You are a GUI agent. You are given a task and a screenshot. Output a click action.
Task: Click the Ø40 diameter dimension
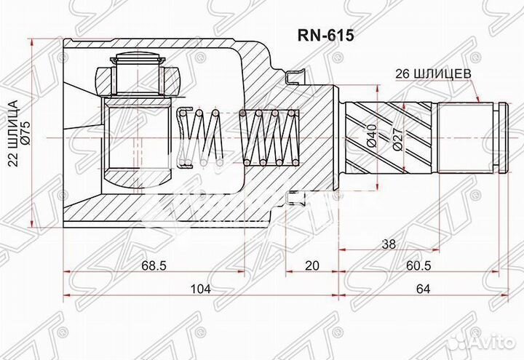372,135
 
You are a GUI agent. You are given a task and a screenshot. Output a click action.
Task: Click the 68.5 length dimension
154,266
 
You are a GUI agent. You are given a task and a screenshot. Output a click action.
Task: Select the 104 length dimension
200,289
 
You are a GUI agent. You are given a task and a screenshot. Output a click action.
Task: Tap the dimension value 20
312,266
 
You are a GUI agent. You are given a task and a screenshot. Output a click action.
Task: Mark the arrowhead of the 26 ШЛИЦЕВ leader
479,101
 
